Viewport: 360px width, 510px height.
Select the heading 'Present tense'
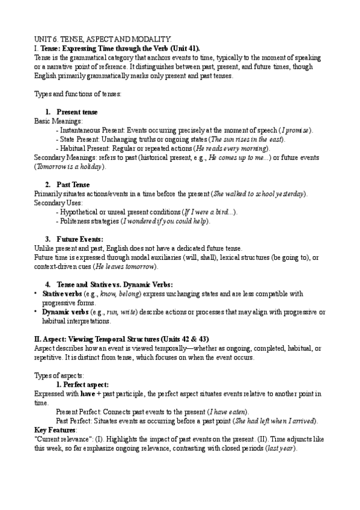pyautogui.click(x=77, y=112)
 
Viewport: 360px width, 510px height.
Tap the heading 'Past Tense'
pyautogui.click(x=73, y=183)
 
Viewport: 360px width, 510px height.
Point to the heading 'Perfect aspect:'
pyautogui.click(x=82, y=384)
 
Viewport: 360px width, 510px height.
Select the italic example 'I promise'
pyautogui.click(x=296, y=130)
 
